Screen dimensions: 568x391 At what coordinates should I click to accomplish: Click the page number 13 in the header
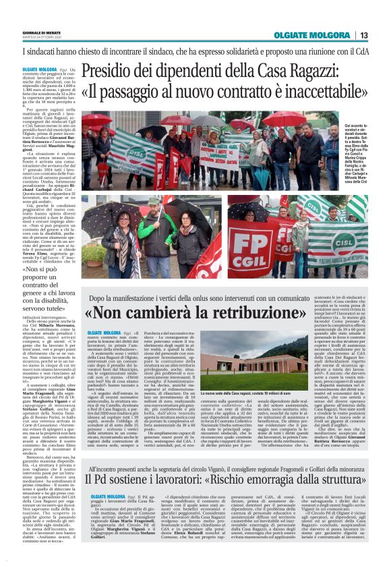point(363,35)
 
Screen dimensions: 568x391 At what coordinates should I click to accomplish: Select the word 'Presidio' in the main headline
point(114,70)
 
